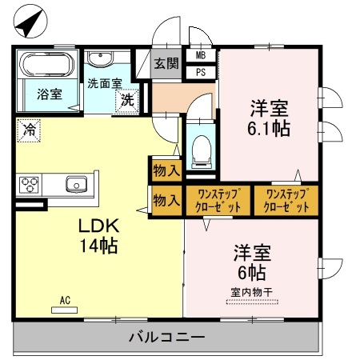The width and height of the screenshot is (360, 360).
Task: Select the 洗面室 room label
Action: click(104, 83)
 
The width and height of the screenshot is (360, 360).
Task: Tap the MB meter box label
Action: click(200, 56)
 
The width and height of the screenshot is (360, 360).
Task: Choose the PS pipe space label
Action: click(200, 71)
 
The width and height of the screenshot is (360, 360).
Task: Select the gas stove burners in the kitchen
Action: click(30, 185)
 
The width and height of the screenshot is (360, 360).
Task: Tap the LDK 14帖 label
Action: click(98, 236)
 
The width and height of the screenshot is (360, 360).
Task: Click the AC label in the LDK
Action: click(66, 301)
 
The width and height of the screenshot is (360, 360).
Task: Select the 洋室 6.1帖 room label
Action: click(269, 117)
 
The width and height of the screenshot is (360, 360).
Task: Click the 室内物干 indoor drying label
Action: click(251, 292)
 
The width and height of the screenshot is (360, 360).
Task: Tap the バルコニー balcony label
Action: click(167, 337)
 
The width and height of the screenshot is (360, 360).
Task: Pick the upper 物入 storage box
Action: click(166, 170)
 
